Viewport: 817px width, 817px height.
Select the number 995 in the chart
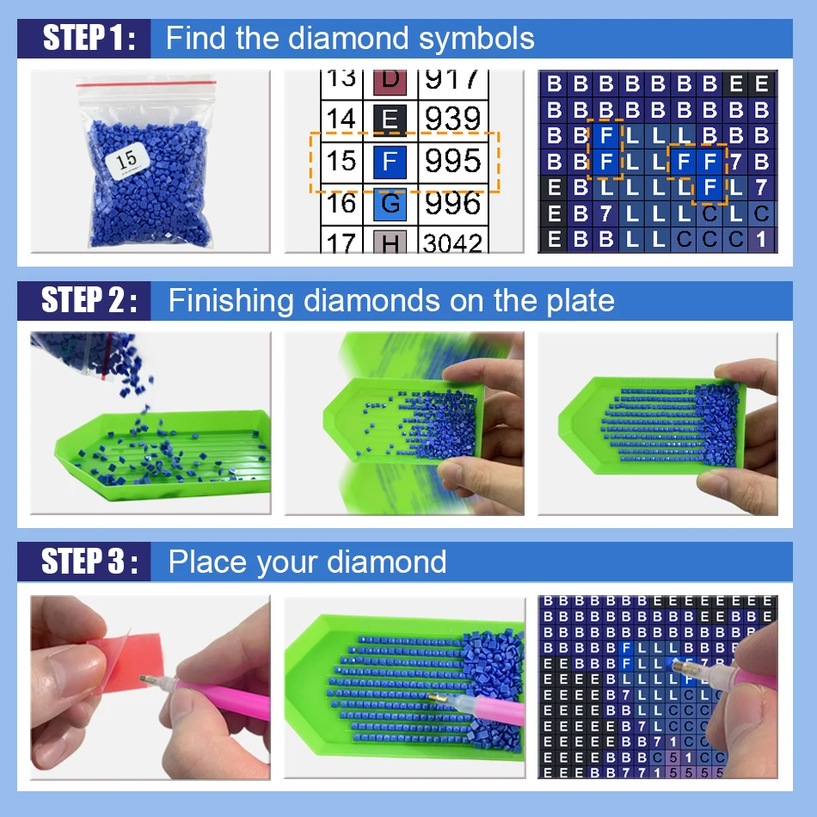(x=452, y=161)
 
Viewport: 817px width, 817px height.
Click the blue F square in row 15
(x=389, y=161)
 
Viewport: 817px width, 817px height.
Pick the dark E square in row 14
(x=389, y=119)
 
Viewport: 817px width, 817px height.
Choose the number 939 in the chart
(x=452, y=119)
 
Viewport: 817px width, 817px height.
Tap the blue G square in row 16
(x=389, y=204)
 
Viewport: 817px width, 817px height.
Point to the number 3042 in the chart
(x=452, y=243)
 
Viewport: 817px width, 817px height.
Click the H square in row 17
(x=389, y=244)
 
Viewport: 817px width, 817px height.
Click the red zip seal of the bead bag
(x=146, y=83)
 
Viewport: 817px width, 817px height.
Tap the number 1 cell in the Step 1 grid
(x=761, y=240)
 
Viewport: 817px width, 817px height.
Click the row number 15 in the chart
(x=341, y=161)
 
